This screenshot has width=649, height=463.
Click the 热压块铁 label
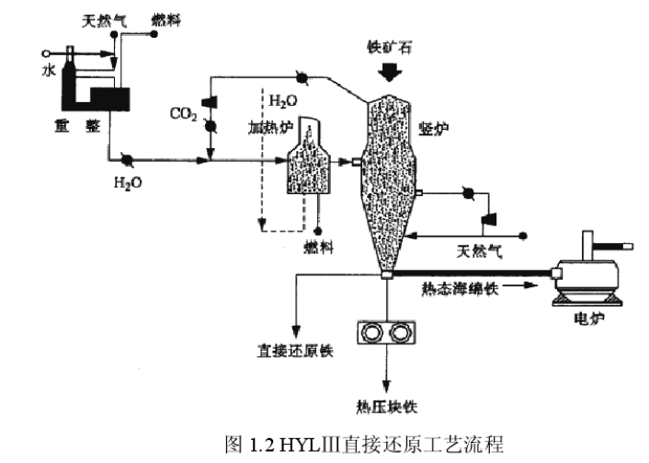(386, 405)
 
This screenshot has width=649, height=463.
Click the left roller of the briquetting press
(373, 332)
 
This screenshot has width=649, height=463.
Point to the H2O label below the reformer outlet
(128, 182)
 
